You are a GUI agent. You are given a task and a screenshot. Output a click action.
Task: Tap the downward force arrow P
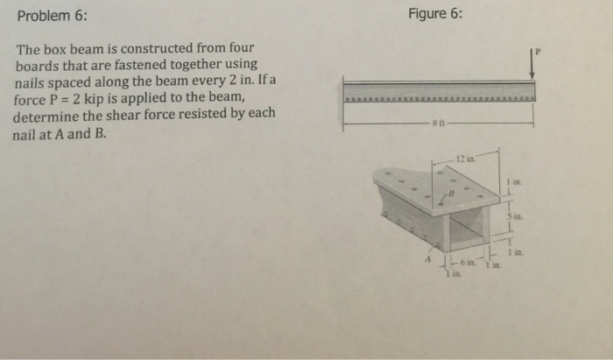531,63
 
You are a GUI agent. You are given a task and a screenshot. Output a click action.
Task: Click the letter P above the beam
539,52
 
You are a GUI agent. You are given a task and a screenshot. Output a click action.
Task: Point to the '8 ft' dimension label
435,124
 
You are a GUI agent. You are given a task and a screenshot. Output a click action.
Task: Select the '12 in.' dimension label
463,159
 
